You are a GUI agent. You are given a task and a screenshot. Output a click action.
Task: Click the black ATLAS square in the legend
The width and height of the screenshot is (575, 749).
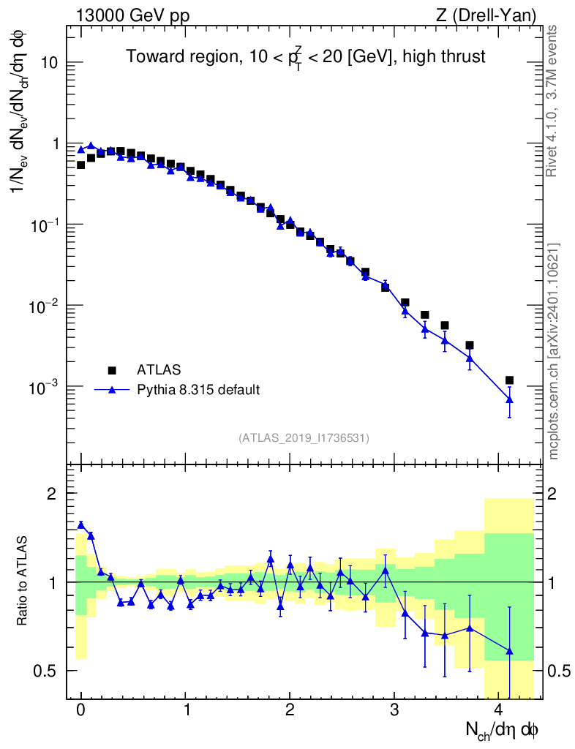112,369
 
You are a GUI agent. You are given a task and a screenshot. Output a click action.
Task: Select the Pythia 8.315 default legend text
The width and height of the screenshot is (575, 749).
198,390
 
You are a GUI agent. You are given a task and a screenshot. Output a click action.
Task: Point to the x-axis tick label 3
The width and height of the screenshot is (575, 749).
394,710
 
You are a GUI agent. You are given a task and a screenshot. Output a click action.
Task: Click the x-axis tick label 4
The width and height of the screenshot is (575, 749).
499,710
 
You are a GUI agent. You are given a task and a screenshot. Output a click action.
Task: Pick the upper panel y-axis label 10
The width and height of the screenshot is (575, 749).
50,63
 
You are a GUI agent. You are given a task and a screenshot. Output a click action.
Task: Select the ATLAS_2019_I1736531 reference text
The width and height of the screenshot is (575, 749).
304,437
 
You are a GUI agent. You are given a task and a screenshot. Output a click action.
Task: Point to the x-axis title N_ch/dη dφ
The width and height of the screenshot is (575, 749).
503,730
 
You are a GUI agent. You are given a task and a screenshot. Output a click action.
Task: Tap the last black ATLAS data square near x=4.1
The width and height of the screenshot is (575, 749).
509,380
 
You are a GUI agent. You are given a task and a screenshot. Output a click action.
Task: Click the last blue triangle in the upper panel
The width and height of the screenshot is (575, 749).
509,399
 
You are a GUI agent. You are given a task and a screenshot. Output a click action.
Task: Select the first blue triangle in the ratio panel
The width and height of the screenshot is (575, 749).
81,524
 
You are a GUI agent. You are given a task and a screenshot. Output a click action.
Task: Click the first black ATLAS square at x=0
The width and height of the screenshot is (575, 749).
81,165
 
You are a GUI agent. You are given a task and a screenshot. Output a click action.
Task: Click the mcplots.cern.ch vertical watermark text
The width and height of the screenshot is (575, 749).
554,351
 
